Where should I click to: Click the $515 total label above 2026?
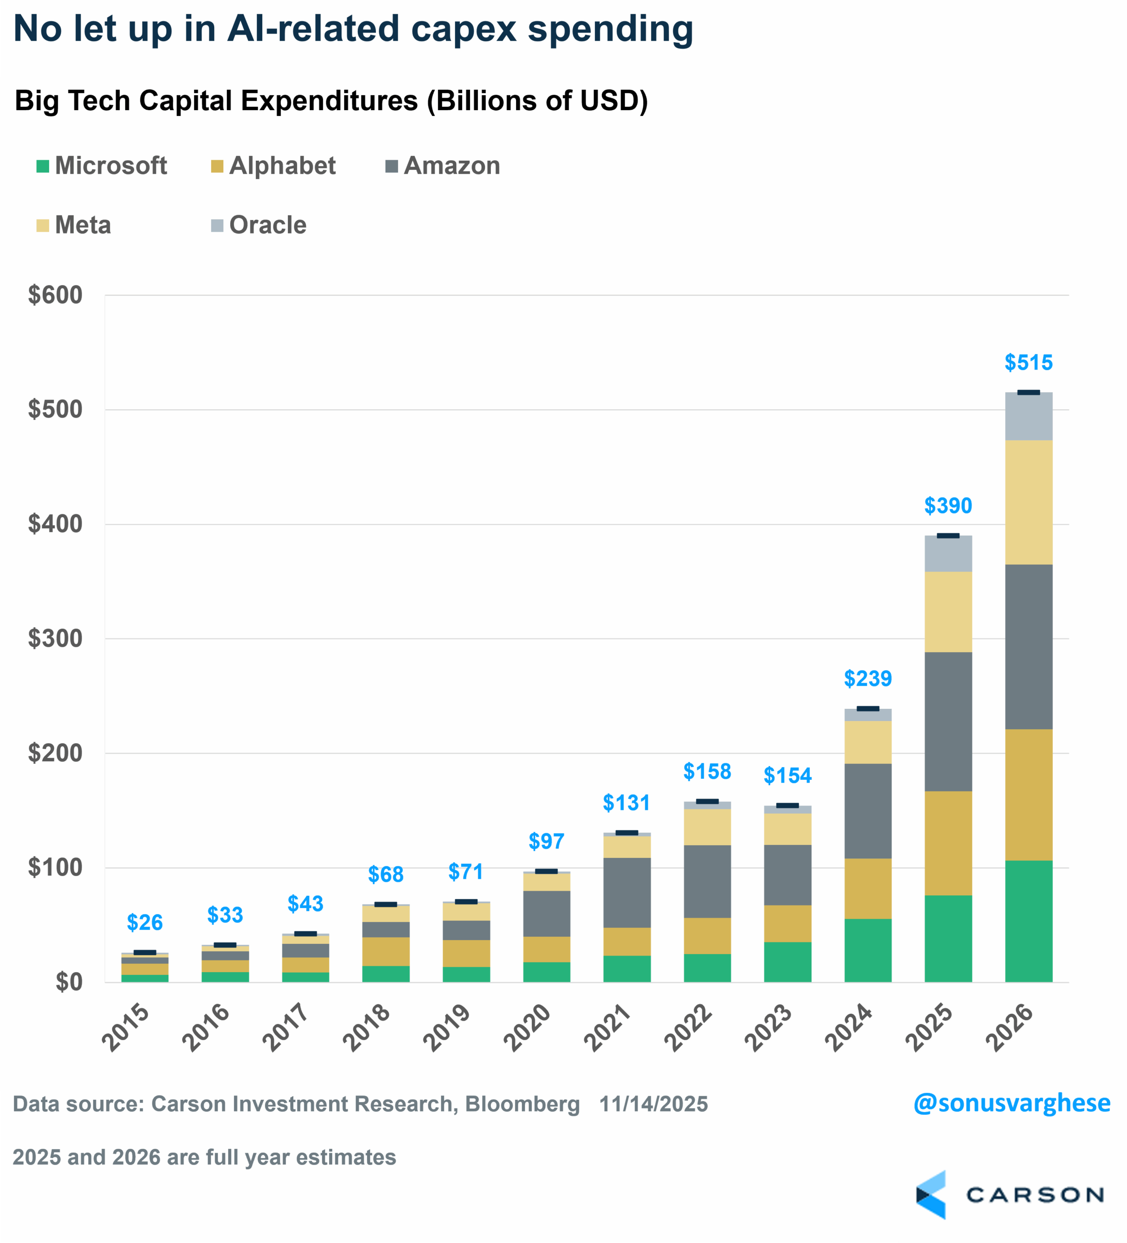coord(1028,363)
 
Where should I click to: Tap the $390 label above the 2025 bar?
coord(948,505)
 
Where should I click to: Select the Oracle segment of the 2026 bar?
coord(1028,416)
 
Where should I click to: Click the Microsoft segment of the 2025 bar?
coord(948,939)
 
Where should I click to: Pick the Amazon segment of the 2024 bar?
coord(867,811)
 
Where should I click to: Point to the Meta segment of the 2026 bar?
coord(1028,502)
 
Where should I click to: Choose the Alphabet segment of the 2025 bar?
coord(948,843)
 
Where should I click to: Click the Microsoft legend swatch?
coord(43,167)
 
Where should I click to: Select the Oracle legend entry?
coord(267,226)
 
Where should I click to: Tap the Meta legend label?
coord(83,226)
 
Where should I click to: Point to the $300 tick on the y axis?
coord(55,639)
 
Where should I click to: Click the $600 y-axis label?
coord(55,295)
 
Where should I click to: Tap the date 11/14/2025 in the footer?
coord(653,1104)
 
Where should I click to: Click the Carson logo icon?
coord(930,1195)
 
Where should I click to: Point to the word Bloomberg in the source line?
coord(522,1104)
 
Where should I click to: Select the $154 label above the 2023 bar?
coord(787,775)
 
